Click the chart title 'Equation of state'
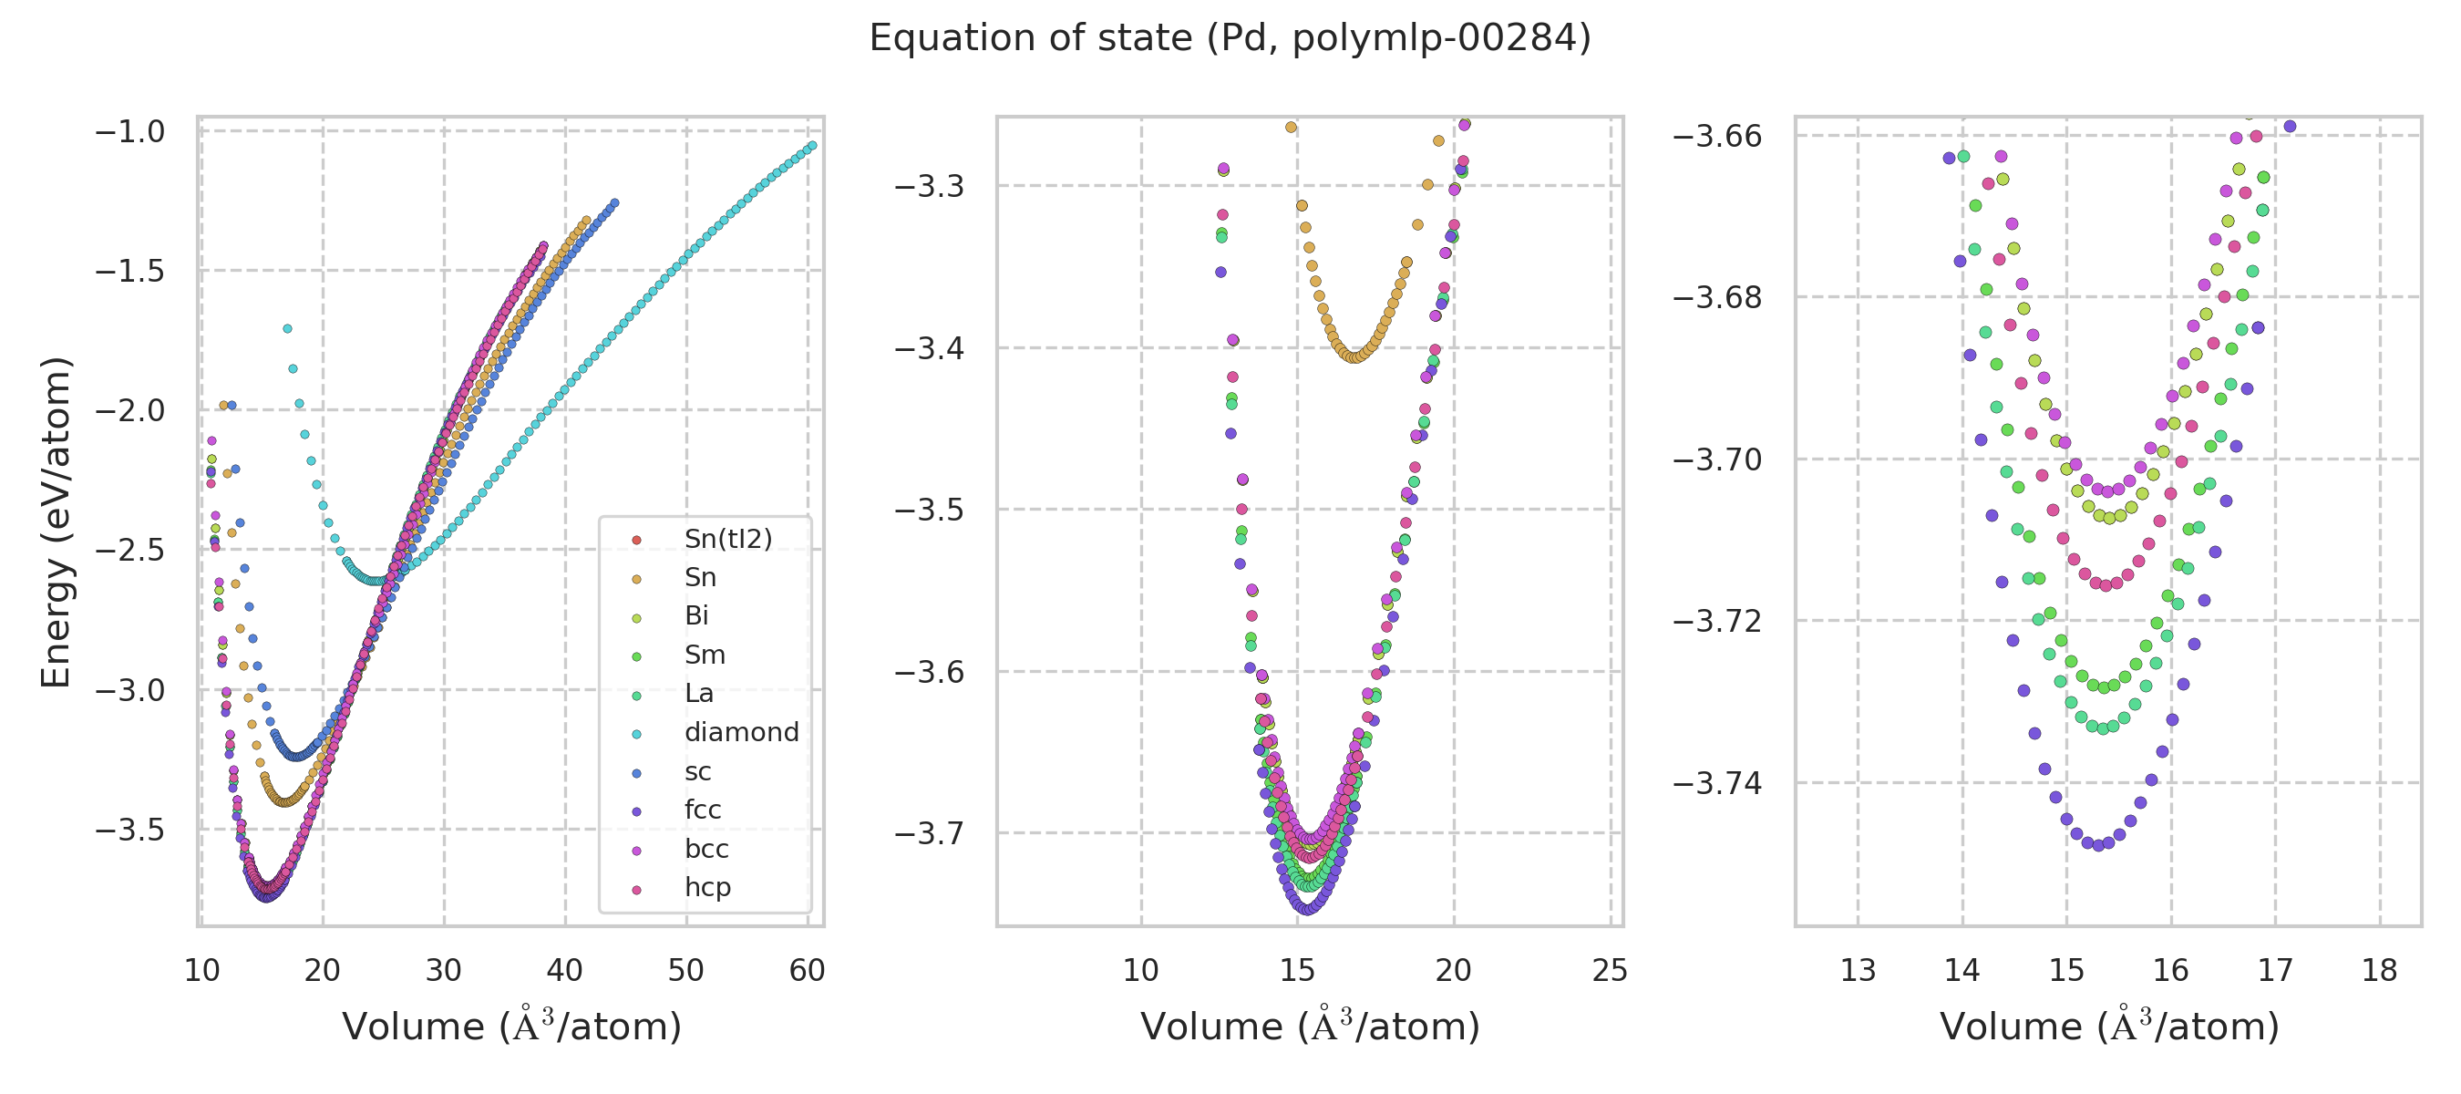pos(1230,38)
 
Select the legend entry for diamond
pos(741,732)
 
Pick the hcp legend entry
pos(707,887)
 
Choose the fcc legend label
pos(702,810)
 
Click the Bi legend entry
pos(696,615)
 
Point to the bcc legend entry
pos(706,849)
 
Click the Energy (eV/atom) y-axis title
pos(56,521)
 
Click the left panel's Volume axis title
pos(511,1027)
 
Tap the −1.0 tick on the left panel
pos(130,131)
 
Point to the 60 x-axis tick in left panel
pos(808,971)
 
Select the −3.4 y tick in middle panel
pos(929,347)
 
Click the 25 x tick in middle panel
pos(1610,971)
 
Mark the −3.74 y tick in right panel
pos(1717,783)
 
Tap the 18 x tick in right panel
pos(2380,971)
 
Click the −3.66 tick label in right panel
pos(1717,136)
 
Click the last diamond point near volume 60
pos(812,145)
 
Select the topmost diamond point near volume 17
pos(287,329)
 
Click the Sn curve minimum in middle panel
pos(1354,357)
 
